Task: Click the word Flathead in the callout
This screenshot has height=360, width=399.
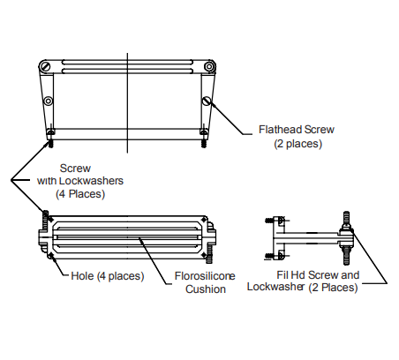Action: tap(280, 130)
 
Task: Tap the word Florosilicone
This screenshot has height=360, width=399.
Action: tap(205, 276)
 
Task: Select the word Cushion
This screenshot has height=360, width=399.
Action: tap(206, 289)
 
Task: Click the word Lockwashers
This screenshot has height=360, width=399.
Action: tap(91, 181)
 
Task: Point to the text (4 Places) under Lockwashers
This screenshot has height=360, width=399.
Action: tap(80, 194)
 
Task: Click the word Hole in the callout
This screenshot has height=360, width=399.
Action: tap(82, 276)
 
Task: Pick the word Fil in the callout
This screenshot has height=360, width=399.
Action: tap(282, 275)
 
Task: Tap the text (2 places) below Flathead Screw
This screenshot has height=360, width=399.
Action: tap(298, 144)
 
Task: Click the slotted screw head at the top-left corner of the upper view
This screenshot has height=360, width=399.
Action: tap(45, 66)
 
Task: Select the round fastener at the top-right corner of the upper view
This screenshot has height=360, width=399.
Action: tap(209, 66)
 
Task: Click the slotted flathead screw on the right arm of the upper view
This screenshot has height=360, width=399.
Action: tap(207, 101)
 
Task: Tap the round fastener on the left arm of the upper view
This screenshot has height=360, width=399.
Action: tap(49, 101)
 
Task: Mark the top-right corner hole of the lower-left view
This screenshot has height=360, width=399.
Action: tap(204, 220)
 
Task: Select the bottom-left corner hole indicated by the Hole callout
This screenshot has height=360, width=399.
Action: tap(51, 255)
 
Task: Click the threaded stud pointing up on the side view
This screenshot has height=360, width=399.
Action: tap(346, 218)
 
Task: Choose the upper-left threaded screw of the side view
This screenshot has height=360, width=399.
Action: tap(269, 221)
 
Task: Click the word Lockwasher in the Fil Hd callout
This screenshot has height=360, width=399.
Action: tap(275, 287)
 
